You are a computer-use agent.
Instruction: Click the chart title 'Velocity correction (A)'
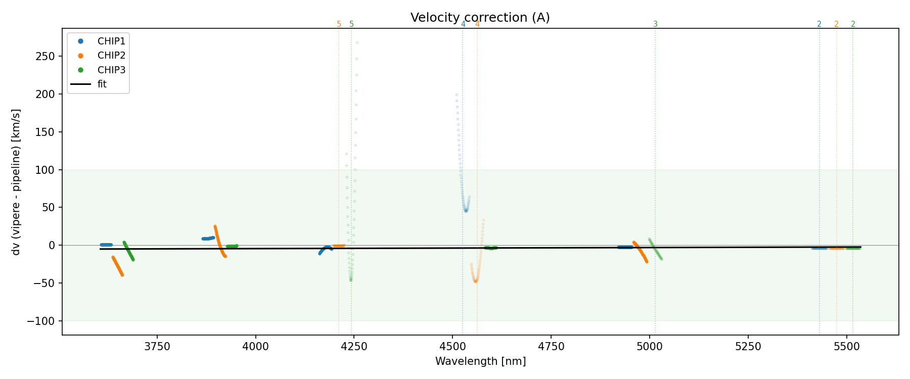480,18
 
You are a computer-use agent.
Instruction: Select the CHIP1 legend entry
111,41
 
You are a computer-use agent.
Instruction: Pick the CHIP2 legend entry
111,56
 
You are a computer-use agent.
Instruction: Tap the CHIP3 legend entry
111,70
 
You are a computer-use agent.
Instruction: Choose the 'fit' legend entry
102,84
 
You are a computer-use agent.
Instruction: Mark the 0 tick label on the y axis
52,245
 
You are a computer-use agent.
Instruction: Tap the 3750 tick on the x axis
157,347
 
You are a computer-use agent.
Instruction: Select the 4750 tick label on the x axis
551,347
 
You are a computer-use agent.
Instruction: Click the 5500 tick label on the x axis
846,347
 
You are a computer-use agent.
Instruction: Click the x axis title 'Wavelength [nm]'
480,361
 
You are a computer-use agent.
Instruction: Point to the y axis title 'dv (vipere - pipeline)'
16,182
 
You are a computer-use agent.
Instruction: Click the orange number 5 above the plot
339,24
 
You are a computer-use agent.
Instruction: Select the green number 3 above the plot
655,24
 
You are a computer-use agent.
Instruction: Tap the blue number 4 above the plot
463,24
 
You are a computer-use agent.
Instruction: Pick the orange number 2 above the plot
836,24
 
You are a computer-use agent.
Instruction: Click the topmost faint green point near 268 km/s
357,42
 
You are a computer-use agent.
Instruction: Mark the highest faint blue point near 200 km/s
457,94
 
